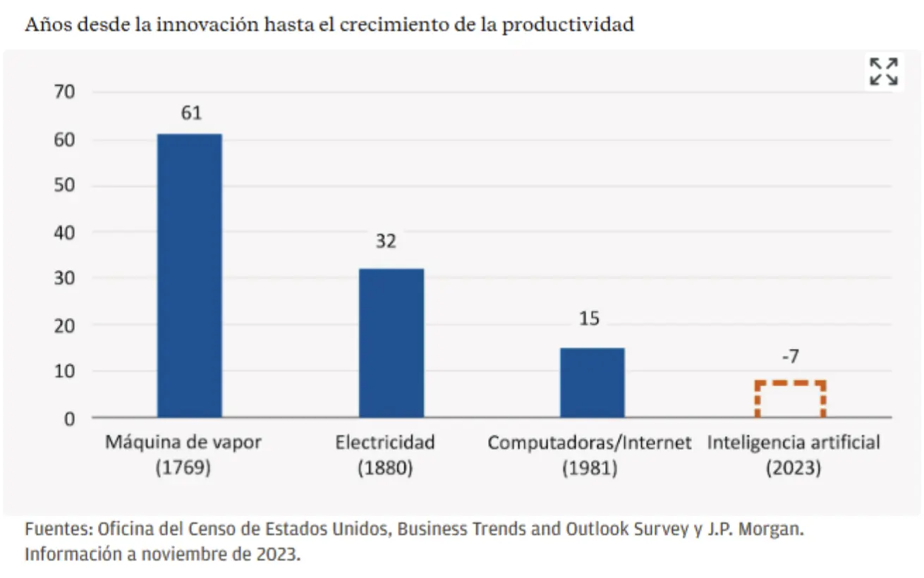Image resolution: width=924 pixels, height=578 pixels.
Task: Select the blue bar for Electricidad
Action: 391,343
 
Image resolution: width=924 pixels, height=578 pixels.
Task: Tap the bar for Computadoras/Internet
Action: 592,382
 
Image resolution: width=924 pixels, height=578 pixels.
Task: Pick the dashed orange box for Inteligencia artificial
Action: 790,400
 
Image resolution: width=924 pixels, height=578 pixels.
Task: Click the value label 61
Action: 190,113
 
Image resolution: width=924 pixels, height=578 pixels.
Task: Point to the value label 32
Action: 385,242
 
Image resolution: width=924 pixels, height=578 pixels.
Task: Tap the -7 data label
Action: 790,357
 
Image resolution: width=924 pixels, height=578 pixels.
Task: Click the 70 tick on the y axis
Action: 63,92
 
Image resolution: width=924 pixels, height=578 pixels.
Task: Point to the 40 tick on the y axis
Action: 63,232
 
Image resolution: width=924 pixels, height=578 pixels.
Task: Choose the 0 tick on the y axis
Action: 68,418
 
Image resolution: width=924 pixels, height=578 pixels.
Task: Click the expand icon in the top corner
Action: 884,71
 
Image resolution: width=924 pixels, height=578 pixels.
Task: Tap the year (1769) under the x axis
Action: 183,468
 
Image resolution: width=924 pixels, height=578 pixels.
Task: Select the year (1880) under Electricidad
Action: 384,468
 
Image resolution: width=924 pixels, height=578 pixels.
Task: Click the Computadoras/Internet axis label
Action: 590,443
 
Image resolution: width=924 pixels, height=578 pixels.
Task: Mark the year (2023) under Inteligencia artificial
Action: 793,468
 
